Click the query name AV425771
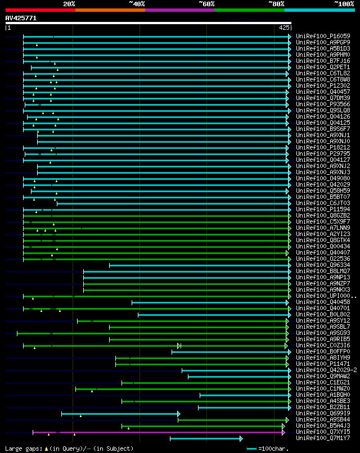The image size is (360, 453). point(21,18)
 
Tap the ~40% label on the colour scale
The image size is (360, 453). point(137,3)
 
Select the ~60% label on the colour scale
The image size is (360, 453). point(206,3)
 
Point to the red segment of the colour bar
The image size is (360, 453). point(40,10)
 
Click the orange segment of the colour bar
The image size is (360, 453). point(110,10)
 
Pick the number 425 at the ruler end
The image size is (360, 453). point(284,27)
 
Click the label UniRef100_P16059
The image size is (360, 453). point(322,36)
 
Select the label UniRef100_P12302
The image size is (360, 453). point(322,85)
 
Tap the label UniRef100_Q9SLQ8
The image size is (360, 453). point(322,110)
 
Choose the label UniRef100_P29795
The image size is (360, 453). point(322,153)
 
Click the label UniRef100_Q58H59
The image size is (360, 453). point(322,191)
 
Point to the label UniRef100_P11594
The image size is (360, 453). point(322,209)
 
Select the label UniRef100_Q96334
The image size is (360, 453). point(322,265)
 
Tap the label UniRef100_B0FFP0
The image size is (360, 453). point(322,351)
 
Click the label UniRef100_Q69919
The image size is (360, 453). point(322,413)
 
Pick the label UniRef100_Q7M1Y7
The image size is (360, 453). point(322,438)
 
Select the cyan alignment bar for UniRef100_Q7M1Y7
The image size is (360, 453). point(205,438)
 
